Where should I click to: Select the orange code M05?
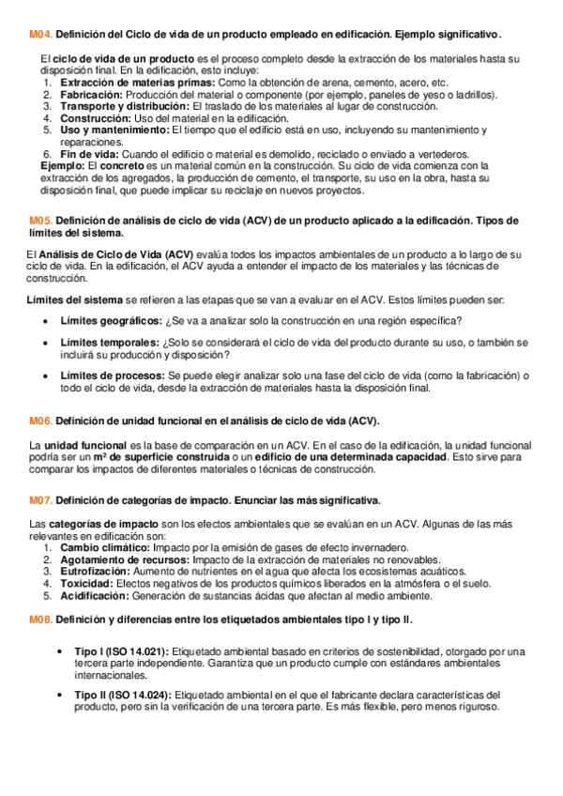[41, 221]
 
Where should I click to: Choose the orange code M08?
[41, 620]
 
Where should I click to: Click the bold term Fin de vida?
[89, 154]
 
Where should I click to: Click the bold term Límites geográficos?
[110, 320]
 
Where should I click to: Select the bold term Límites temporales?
[109, 343]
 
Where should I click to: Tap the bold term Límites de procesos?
[113, 375]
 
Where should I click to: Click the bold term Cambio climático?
[103, 546]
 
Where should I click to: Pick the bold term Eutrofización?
[97, 570]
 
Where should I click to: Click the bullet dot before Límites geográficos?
[48, 321]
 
